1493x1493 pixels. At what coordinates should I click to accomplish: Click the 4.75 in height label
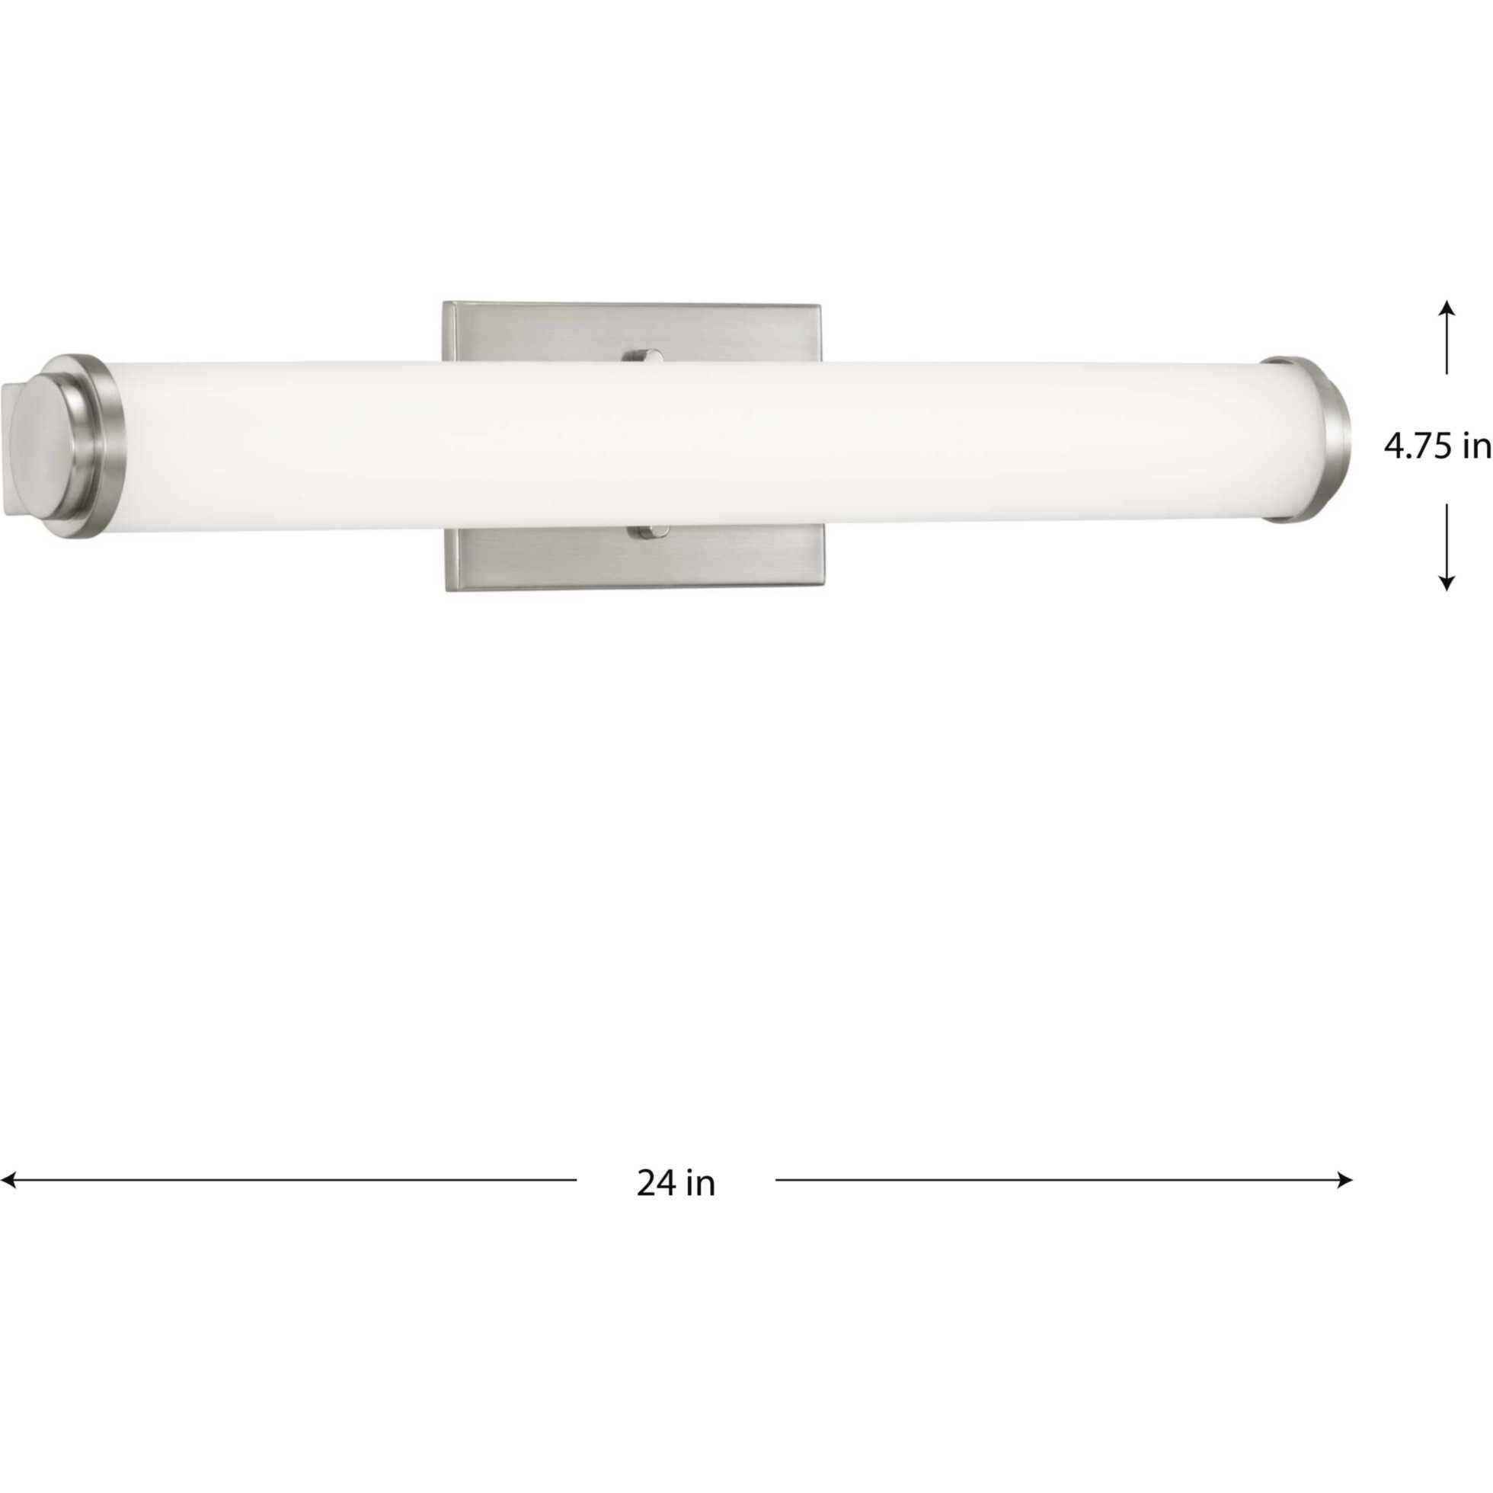click(x=1437, y=446)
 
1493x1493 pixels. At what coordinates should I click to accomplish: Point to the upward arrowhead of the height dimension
click(x=1447, y=308)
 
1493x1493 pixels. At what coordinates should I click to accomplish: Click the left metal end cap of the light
click(x=69, y=446)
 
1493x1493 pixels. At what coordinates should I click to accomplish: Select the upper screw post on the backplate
click(x=644, y=356)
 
